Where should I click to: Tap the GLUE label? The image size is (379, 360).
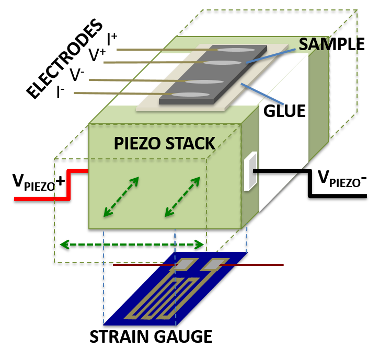tap(284, 111)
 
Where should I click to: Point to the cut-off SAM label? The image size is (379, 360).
tap(314, 44)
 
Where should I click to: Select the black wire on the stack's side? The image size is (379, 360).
tap(277, 171)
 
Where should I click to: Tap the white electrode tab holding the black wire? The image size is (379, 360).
tap(250, 171)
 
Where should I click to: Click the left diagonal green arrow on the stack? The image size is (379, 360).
tap(121, 196)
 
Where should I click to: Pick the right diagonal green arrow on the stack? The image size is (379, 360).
tap(182, 196)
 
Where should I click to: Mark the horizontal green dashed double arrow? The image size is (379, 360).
tap(131, 244)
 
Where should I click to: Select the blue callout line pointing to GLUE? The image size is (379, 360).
tap(261, 93)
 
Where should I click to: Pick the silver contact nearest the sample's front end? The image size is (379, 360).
tap(190, 95)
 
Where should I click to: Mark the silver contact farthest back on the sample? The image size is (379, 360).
tap(236, 50)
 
